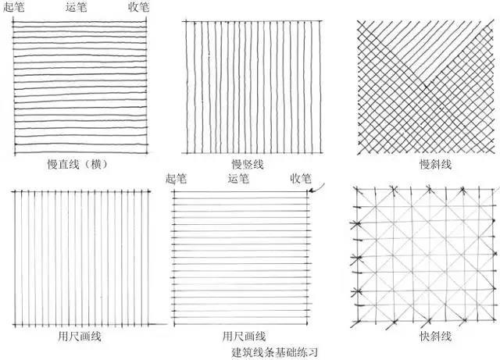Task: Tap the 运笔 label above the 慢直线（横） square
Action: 77,7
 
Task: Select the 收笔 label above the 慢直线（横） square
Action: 139,7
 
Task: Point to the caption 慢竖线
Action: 247,164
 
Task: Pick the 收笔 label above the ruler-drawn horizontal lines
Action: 301,178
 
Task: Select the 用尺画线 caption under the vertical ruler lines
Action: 80,337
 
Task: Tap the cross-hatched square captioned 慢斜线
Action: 425,84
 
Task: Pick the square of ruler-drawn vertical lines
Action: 81,256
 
